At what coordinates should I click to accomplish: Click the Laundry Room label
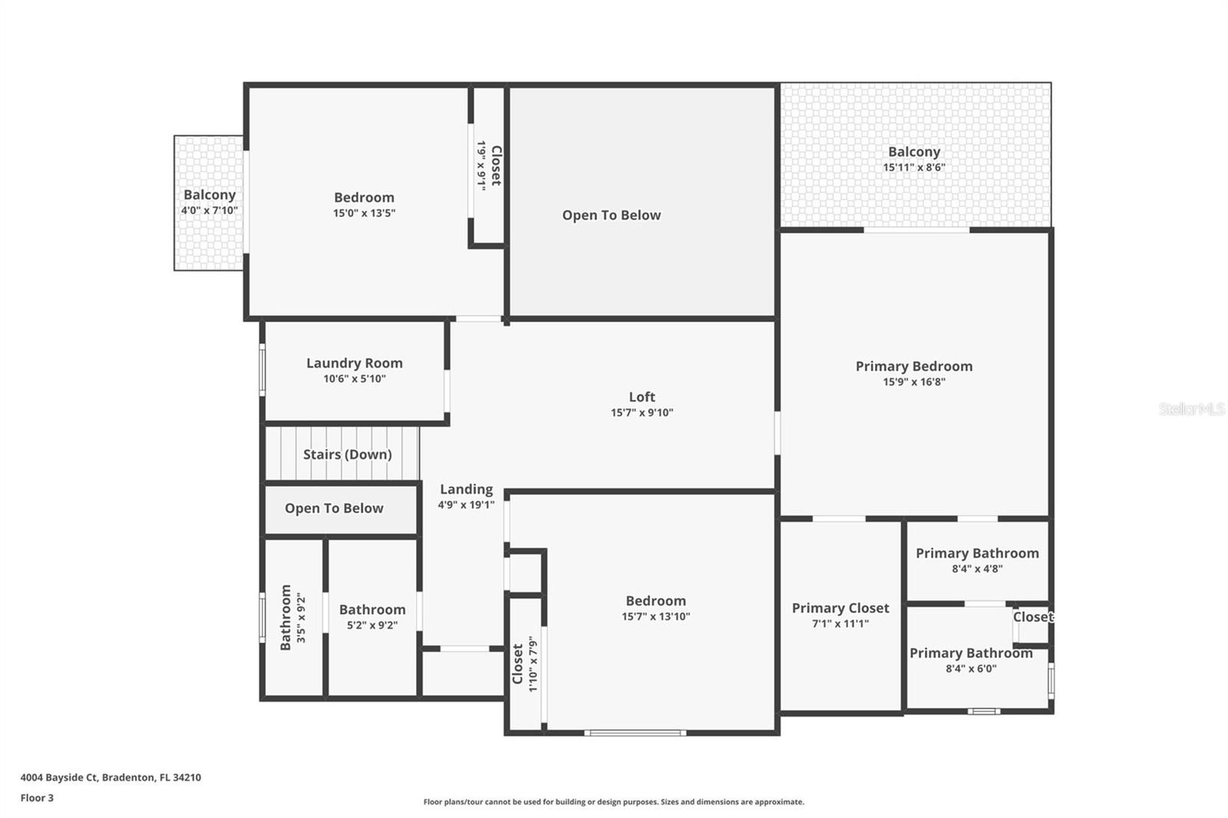(x=354, y=363)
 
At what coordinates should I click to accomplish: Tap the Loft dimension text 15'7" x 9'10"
(x=642, y=413)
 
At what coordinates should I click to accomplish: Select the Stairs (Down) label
(x=347, y=454)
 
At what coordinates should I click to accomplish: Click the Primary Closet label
(x=840, y=608)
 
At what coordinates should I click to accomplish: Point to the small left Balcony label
(x=209, y=195)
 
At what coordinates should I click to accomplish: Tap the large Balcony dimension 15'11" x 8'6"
(x=913, y=167)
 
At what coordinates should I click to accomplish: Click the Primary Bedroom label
(x=913, y=366)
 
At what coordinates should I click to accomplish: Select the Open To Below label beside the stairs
(x=334, y=508)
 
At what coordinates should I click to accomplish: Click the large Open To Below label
(x=611, y=215)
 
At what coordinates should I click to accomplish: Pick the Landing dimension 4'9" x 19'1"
(x=466, y=505)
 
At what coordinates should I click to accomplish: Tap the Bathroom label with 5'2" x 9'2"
(x=372, y=609)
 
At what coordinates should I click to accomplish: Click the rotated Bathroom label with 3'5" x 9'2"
(x=286, y=618)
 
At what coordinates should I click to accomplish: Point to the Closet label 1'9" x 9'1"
(x=496, y=165)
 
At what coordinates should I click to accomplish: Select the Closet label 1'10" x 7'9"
(x=518, y=664)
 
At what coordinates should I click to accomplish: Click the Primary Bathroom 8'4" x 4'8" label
(x=976, y=553)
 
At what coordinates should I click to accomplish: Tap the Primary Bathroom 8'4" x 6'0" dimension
(x=971, y=669)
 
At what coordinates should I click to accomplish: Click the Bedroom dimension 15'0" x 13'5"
(x=364, y=213)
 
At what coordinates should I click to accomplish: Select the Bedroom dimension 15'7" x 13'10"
(x=655, y=617)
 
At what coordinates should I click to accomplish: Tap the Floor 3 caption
(x=37, y=798)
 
